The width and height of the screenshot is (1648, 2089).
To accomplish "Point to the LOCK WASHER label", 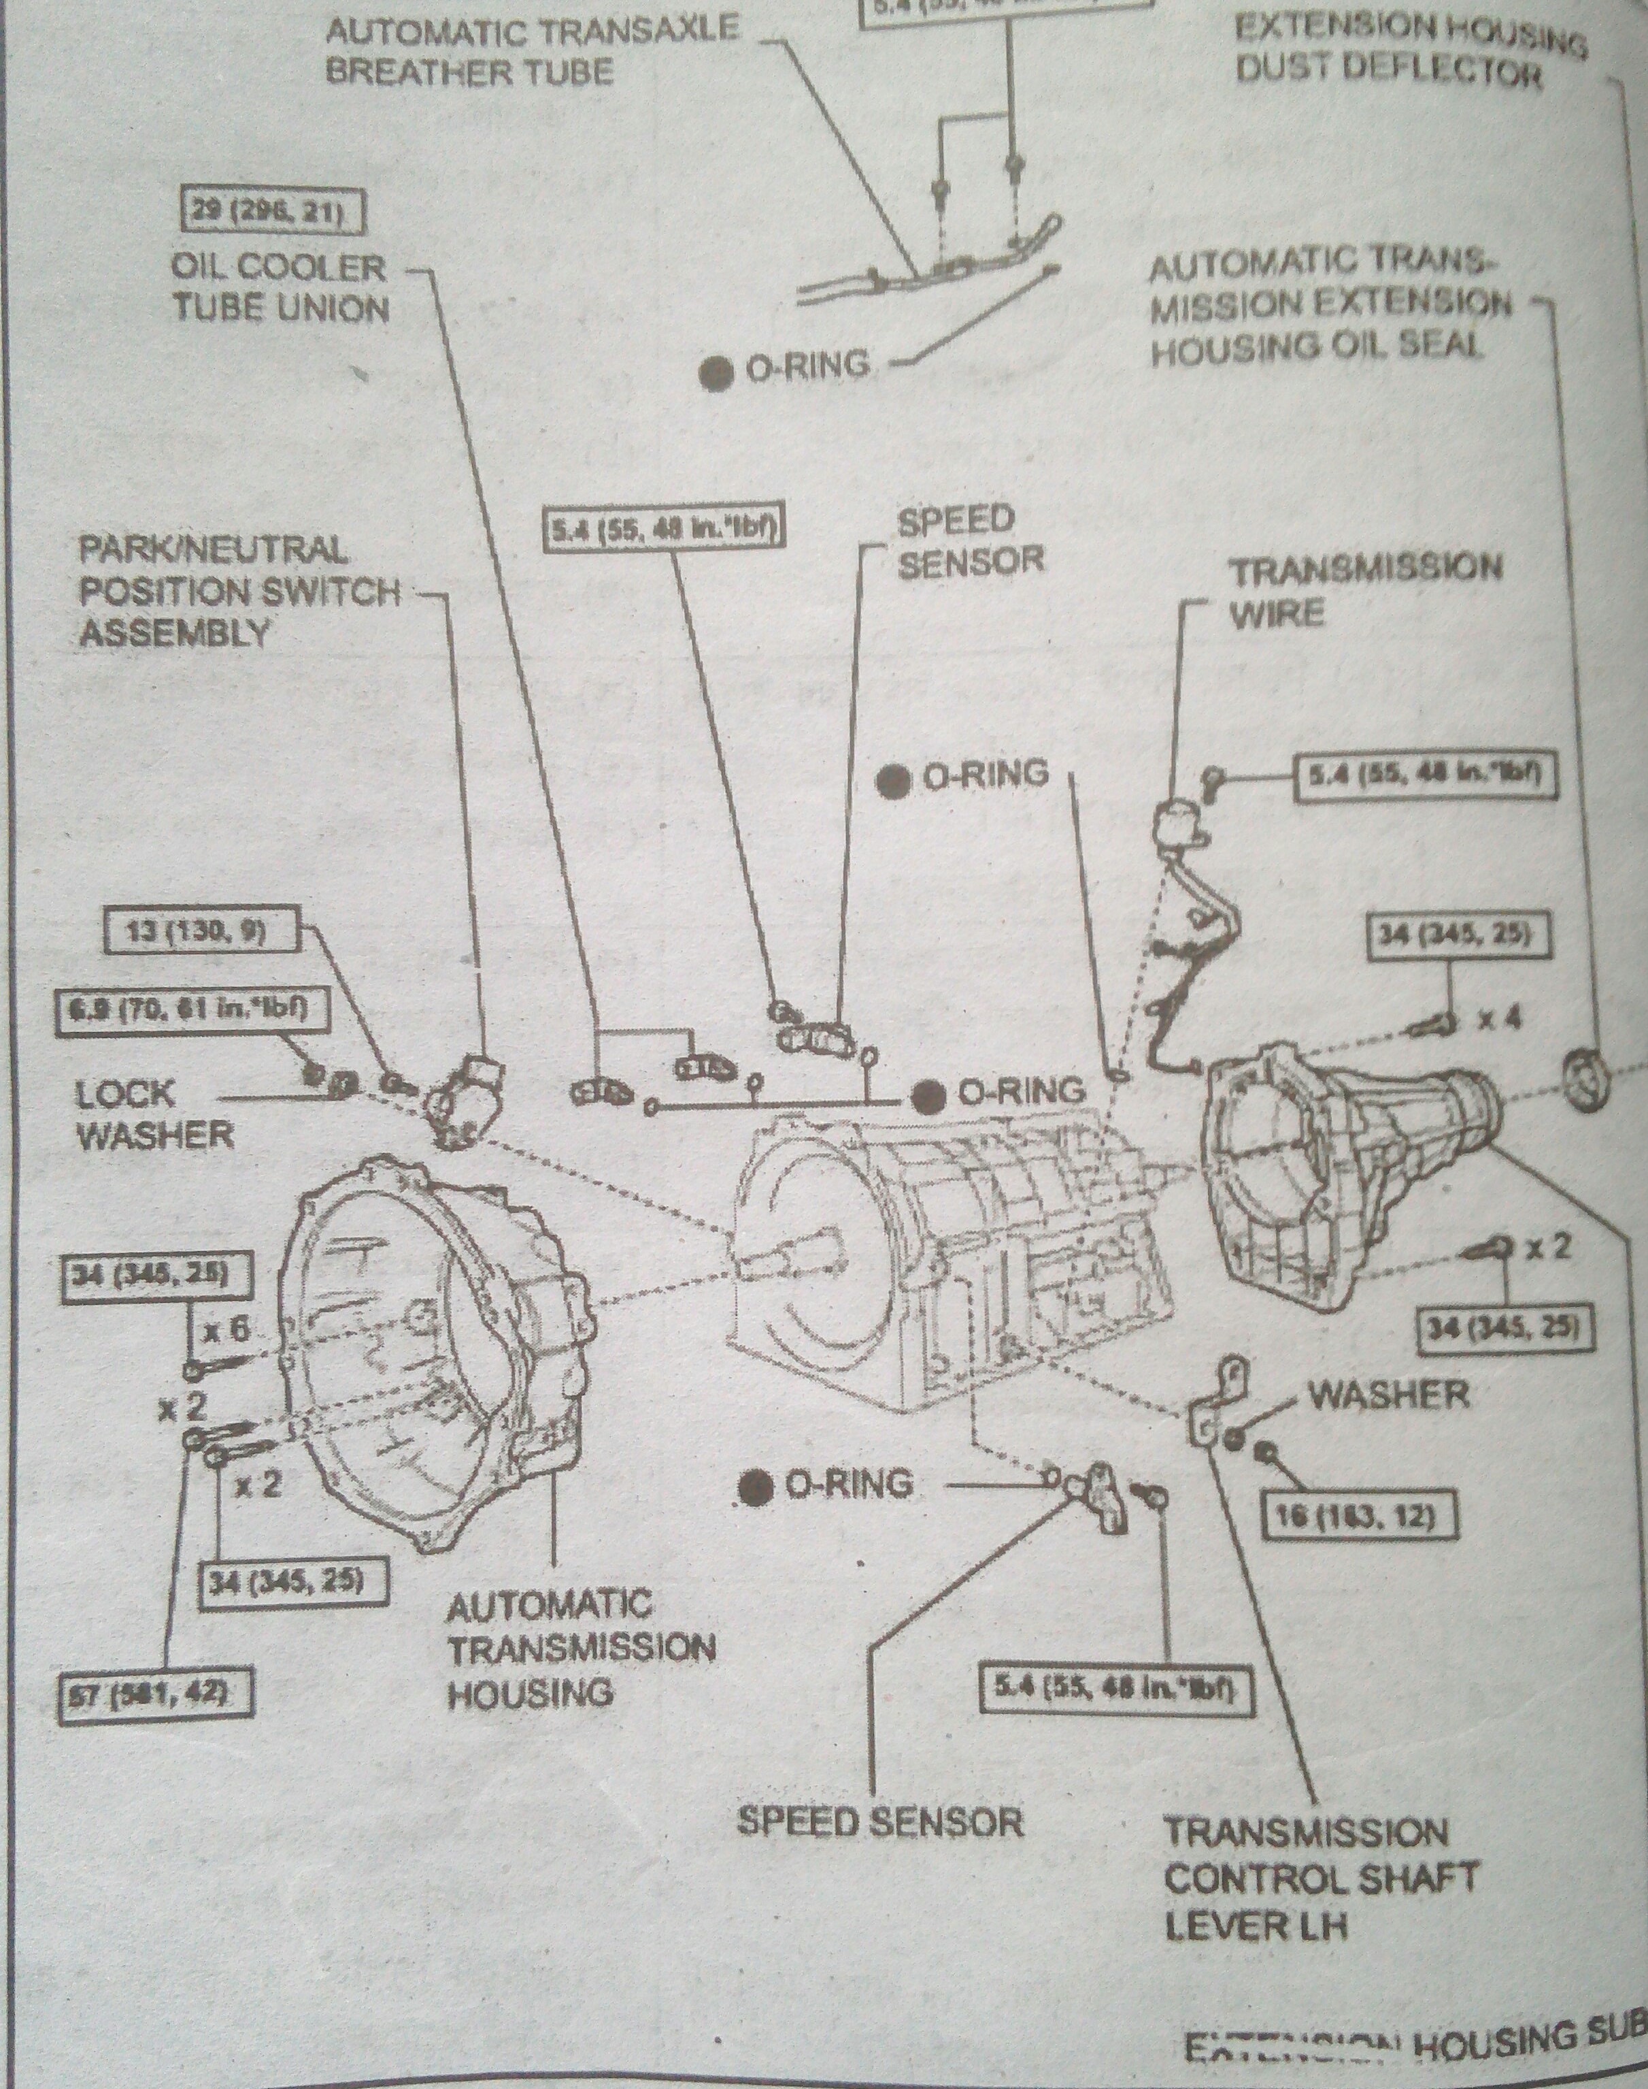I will pos(154,1114).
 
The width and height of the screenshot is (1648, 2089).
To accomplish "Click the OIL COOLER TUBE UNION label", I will pos(280,288).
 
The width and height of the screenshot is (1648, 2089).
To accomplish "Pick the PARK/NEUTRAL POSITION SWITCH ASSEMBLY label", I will pos(239,591).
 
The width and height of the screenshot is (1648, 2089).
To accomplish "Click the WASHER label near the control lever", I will pos(1388,1395).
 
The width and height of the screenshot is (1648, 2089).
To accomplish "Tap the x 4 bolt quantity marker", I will pos(1500,1018).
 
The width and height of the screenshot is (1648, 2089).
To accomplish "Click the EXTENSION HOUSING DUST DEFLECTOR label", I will pos(1409,48).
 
